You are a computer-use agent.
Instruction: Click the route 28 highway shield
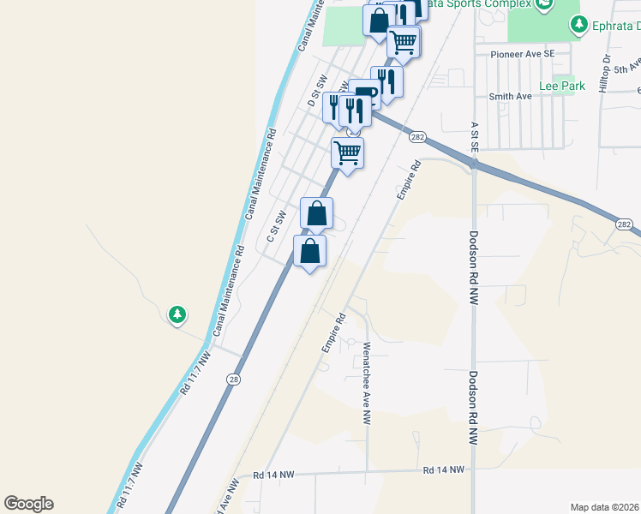click(x=233, y=379)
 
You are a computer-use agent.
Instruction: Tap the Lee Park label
click(x=562, y=86)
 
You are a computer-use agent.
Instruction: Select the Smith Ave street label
click(x=510, y=96)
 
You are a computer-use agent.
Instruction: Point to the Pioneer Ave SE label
click(x=524, y=53)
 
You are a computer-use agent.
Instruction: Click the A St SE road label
click(x=474, y=136)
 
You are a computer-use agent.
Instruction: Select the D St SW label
click(x=317, y=90)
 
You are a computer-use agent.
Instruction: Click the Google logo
click(x=28, y=504)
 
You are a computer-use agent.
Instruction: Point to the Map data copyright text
click(x=605, y=507)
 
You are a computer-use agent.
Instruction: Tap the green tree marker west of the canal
click(x=177, y=315)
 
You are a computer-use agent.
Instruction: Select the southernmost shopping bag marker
click(x=310, y=252)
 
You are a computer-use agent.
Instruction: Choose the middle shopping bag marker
click(x=317, y=213)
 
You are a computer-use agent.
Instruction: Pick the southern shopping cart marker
click(x=347, y=153)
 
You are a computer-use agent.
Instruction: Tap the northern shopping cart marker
click(x=403, y=41)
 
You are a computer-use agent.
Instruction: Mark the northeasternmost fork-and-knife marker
click(x=386, y=82)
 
